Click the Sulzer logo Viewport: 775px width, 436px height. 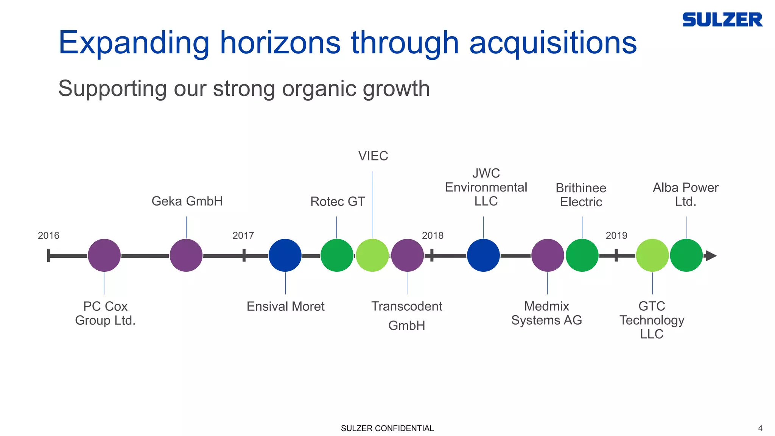[722, 20]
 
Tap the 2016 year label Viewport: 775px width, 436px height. [48, 235]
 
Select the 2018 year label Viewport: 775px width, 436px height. [433, 235]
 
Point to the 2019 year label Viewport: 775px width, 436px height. [616, 235]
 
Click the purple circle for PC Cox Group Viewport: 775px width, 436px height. [104, 255]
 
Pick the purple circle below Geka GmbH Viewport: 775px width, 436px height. [186, 255]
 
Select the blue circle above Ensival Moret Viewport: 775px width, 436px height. [285, 255]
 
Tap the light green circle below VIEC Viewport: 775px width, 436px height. [372, 255]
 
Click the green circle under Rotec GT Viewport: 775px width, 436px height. [337, 255]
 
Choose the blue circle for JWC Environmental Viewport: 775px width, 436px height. [483, 255]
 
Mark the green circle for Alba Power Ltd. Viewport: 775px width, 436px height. [686, 255]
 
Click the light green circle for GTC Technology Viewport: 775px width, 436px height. [652, 255]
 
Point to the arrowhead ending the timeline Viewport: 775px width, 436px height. [711, 256]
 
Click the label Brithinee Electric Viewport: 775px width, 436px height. [581, 195]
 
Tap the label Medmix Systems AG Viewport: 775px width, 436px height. [546, 313]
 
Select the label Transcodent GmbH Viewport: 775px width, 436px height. [407, 315]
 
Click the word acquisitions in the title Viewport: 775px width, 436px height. [553, 43]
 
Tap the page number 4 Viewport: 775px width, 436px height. [760, 428]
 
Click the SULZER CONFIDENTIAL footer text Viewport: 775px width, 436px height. [387, 428]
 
